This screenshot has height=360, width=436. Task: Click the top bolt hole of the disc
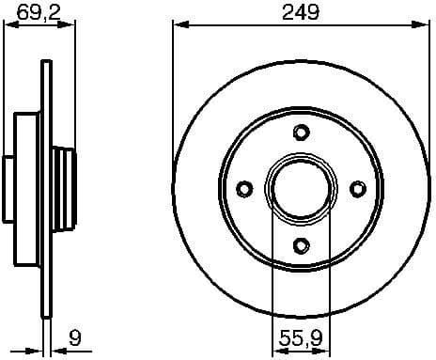click(x=301, y=132)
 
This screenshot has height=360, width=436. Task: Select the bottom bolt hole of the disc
click(x=301, y=245)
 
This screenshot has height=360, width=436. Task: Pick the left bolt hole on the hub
click(x=243, y=189)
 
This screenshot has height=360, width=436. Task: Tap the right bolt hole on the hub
click(x=357, y=189)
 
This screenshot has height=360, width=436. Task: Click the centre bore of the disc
click(x=301, y=189)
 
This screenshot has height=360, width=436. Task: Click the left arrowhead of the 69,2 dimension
click(x=10, y=25)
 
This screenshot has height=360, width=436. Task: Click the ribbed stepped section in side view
click(x=63, y=189)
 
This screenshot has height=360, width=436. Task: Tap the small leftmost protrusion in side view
click(x=9, y=189)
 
